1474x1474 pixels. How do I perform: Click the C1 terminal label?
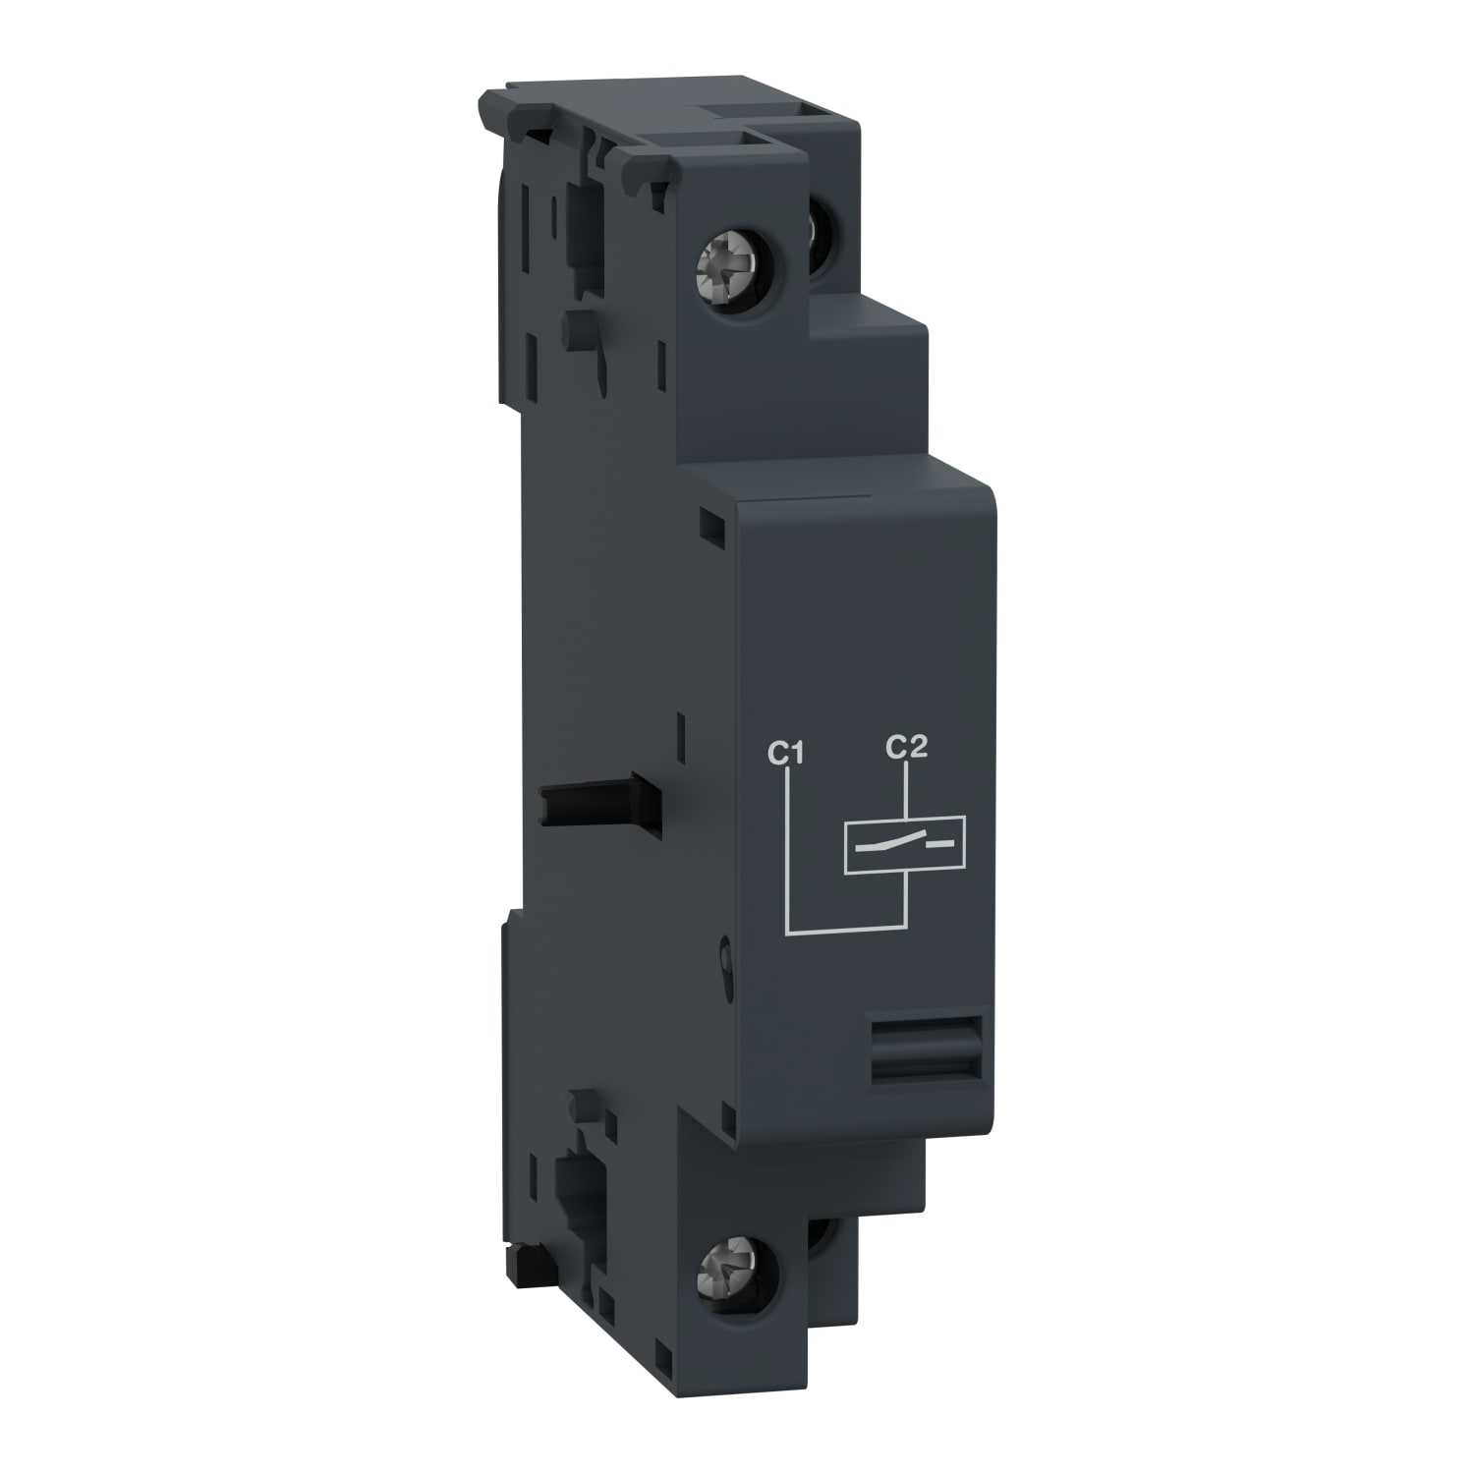coord(786,755)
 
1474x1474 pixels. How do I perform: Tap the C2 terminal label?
coord(906,748)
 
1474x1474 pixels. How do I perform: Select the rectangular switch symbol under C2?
coord(905,843)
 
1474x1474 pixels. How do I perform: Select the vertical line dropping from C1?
coord(789,845)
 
